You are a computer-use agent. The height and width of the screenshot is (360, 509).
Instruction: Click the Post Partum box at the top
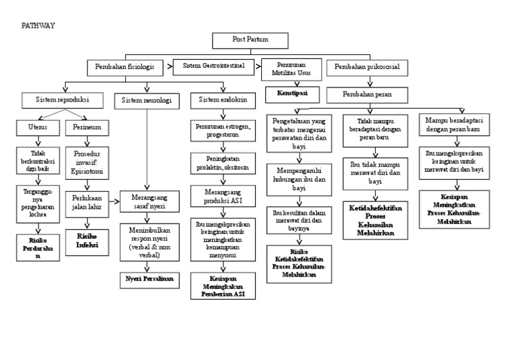[251, 40]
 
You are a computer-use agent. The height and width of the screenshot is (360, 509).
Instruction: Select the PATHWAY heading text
[39, 25]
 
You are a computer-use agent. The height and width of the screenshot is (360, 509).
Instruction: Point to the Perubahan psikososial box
[367, 68]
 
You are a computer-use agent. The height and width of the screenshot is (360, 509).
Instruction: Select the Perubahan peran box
[367, 94]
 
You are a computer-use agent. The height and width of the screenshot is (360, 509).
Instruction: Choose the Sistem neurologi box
[147, 101]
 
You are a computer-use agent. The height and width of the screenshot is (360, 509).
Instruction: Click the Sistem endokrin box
[223, 101]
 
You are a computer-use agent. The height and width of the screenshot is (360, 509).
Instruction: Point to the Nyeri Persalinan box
[149, 279]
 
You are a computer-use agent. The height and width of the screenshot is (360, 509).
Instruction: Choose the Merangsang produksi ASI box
[223, 197]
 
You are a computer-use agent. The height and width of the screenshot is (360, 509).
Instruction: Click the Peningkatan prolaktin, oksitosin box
[223, 163]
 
